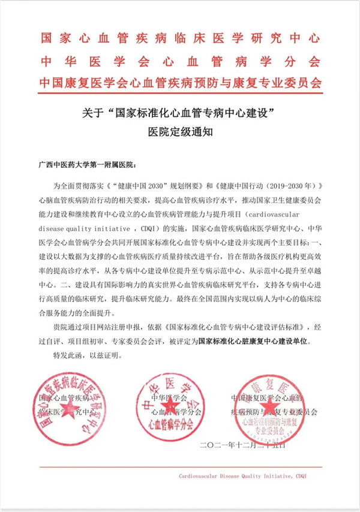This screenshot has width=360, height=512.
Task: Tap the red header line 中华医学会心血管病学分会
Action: point(180,61)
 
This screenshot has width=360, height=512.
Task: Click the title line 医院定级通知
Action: point(180,134)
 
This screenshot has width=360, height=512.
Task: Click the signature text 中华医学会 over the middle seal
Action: point(169,397)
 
